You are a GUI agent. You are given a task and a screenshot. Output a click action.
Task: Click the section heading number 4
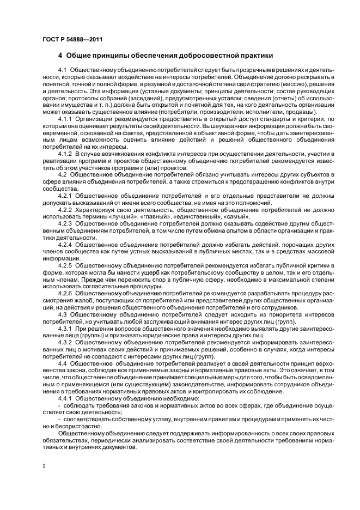(60, 56)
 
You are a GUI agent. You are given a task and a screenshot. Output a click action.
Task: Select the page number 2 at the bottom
(45, 465)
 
